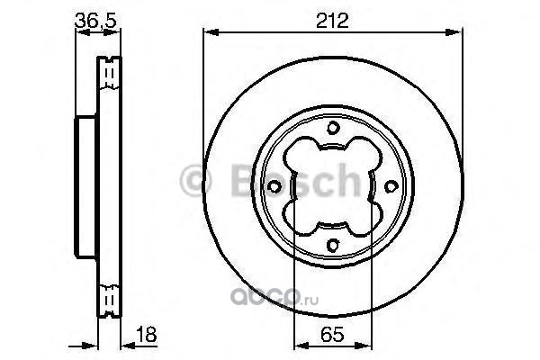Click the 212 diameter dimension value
point(332,21)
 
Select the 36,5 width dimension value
point(95,21)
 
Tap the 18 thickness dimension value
point(147,334)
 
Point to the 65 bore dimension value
point(332,334)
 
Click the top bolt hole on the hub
point(333,128)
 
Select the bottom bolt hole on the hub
point(333,245)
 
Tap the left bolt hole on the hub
point(274,186)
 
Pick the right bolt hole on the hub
point(391,186)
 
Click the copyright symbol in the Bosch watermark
point(195,180)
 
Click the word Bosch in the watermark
point(295,180)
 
